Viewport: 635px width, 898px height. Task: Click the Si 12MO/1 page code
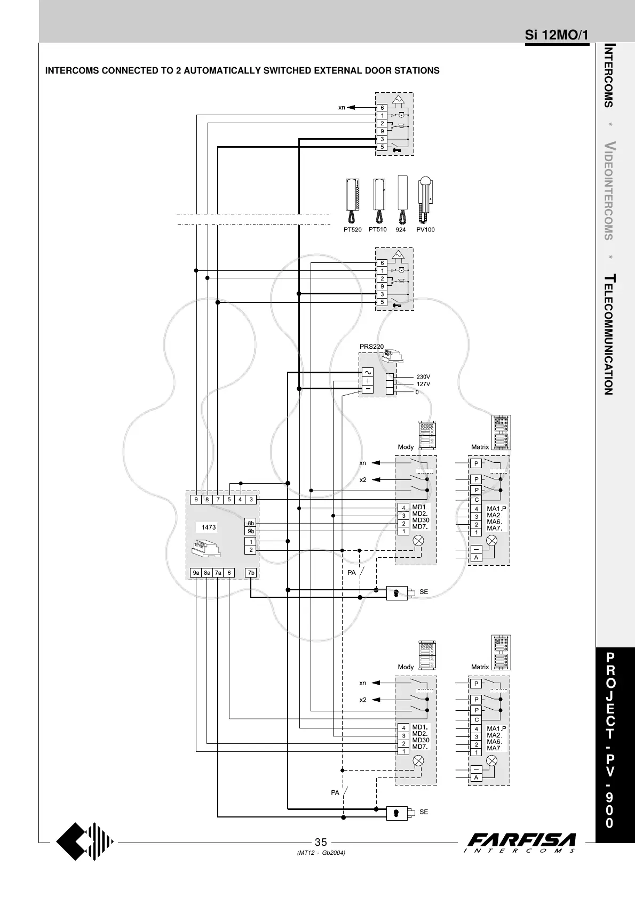pyautogui.click(x=557, y=35)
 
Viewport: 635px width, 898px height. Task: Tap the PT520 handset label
pyautogui.click(x=352, y=230)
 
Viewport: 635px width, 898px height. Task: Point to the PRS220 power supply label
pyautogui.click(x=371, y=347)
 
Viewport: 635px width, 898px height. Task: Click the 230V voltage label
pyautogui.click(x=423, y=377)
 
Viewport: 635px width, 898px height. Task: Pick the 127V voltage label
pyautogui.click(x=423, y=384)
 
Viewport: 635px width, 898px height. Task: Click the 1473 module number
pyautogui.click(x=209, y=527)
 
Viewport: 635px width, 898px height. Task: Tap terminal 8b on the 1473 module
pyautogui.click(x=251, y=523)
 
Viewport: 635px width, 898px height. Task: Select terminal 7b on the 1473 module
pyautogui.click(x=251, y=573)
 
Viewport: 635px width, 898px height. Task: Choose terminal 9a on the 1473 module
pyautogui.click(x=196, y=573)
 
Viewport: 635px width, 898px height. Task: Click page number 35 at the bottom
pyautogui.click(x=321, y=843)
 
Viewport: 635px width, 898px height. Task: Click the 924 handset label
pyautogui.click(x=401, y=230)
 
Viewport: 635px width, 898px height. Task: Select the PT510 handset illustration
pyautogui.click(x=379, y=201)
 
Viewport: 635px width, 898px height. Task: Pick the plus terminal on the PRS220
pyautogui.click(x=368, y=381)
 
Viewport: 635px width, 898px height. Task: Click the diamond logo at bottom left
pyautogui.click(x=85, y=843)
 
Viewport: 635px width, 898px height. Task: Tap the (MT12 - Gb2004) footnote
pyautogui.click(x=321, y=853)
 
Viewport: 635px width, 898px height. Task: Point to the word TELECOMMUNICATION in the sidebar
pyautogui.click(x=609, y=335)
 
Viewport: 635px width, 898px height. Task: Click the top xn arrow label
pyautogui.click(x=342, y=107)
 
